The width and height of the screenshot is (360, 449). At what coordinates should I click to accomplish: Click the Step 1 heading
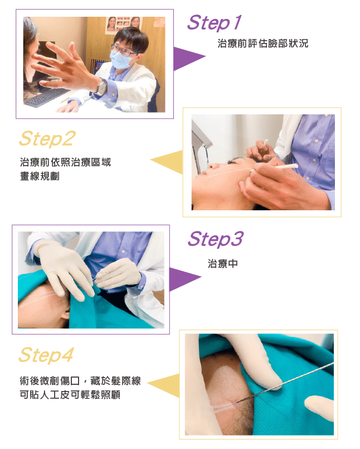214,23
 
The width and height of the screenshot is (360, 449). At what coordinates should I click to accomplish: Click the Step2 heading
47,138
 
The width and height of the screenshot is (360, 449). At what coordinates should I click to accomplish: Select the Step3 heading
215,239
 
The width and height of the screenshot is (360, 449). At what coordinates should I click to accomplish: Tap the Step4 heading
46,355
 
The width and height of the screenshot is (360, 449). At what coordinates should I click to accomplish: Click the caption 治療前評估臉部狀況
262,44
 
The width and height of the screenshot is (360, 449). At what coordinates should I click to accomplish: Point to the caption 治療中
223,263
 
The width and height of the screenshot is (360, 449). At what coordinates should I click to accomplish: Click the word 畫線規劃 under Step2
40,176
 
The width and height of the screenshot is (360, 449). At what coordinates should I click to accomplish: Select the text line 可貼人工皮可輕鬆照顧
70,394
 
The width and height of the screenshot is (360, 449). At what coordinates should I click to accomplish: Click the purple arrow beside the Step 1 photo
189,58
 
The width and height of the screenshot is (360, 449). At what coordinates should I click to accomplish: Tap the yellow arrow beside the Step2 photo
167,162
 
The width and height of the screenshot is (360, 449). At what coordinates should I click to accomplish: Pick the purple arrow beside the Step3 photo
184,279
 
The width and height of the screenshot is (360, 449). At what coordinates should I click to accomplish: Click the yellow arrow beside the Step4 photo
164,385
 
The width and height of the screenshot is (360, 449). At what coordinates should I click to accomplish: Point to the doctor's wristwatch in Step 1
101,88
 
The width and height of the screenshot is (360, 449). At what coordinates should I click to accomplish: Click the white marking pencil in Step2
274,168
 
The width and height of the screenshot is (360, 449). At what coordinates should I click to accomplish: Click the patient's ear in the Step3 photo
66,314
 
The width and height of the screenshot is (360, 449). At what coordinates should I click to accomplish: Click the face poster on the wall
124,25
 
